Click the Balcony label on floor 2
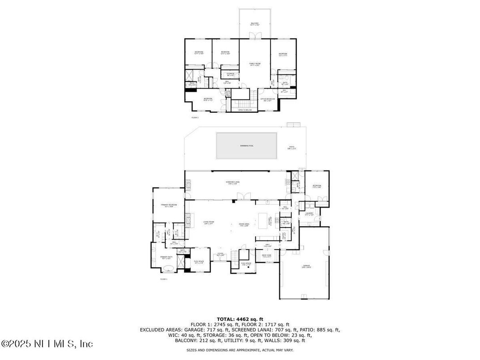coord(254,24)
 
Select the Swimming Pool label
coord(246,146)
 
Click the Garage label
coord(305,267)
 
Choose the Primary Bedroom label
coord(167,206)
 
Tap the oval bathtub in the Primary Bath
coord(168,268)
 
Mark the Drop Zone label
coord(267,256)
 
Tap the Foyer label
coord(220,254)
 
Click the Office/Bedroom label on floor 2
coord(267,99)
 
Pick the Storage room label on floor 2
coord(230,74)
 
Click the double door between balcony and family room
coord(254,39)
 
